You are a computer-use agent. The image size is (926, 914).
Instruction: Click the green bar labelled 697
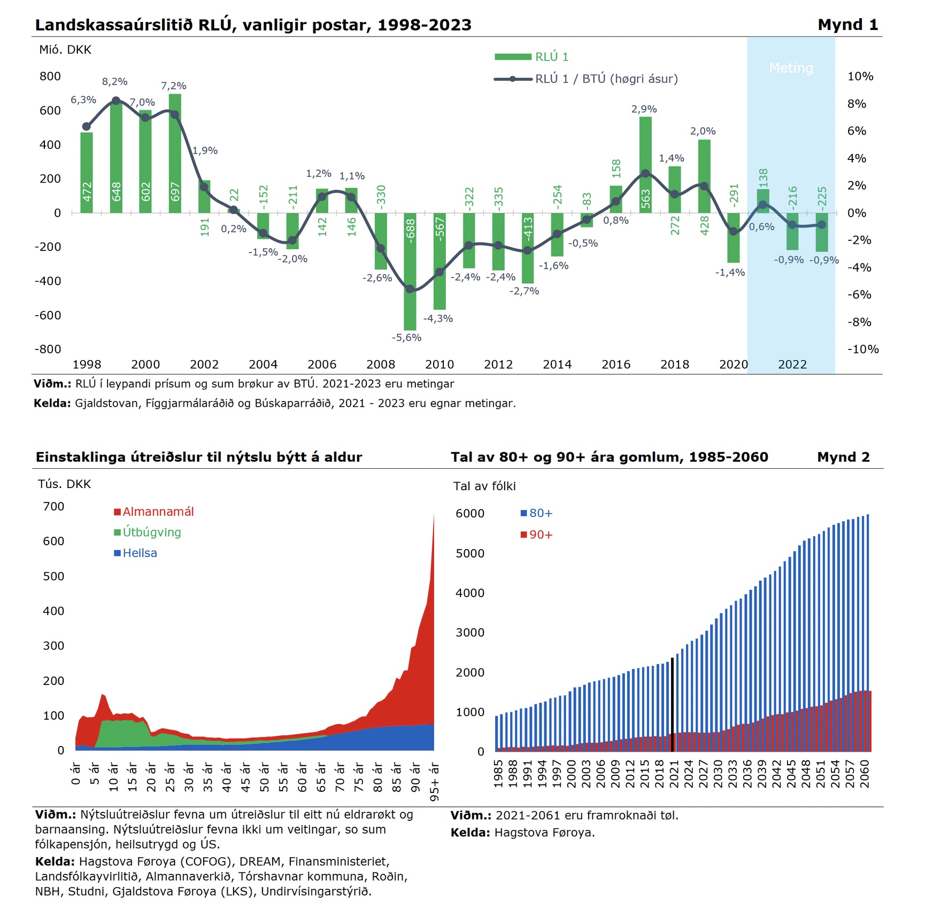(x=175, y=154)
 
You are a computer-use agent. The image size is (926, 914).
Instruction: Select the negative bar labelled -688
(x=410, y=271)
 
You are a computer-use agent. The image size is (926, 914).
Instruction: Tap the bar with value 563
(x=645, y=165)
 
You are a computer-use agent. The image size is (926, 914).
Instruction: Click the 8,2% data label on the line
(x=115, y=82)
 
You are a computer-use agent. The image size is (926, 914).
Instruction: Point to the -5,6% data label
(x=407, y=338)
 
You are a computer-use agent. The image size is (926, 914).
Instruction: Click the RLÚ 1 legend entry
(x=531, y=57)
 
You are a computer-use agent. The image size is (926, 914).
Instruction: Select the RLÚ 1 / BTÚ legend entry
(x=586, y=79)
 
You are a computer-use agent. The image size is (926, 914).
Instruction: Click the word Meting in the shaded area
(x=791, y=68)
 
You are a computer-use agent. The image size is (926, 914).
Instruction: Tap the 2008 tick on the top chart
(x=381, y=364)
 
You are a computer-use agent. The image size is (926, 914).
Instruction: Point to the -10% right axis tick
(x=863, y=349)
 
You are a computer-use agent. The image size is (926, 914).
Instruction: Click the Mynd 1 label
(x=848, y=25)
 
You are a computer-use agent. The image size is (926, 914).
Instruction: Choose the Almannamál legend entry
(x=154, y=512)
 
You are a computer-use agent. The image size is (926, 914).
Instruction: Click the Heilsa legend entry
(x=136, y=553)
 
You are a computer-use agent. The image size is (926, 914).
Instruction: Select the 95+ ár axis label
(x=435, y=782)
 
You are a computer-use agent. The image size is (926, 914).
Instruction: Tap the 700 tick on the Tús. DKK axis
(x=53, y=506)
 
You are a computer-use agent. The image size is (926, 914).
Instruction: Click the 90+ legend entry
(x=537, y=535)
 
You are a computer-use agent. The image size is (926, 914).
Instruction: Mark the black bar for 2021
(x=672, y=705)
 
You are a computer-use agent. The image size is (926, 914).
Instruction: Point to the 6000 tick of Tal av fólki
(x=470, y=514)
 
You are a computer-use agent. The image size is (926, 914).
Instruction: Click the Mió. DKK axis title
(x=65, y=50)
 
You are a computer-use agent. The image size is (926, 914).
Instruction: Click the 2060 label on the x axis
(x=865, y=774)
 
